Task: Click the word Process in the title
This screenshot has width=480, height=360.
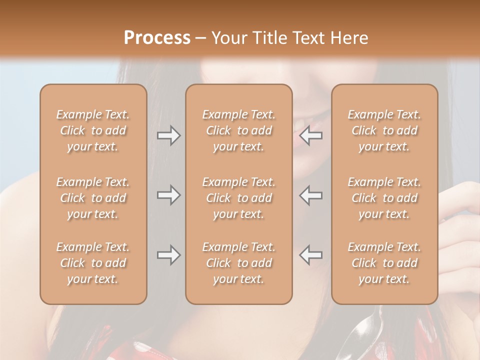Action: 157,38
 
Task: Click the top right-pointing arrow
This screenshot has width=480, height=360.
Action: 168,135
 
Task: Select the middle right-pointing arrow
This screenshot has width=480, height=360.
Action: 168,195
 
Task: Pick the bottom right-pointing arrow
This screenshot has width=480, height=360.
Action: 168,255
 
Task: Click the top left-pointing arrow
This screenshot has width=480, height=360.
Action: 311,135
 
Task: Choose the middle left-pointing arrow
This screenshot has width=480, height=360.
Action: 311,195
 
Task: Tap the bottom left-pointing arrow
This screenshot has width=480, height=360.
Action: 311,255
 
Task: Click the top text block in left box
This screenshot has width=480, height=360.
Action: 93,130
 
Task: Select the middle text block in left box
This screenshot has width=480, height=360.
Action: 93,198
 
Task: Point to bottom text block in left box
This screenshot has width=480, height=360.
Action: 93,263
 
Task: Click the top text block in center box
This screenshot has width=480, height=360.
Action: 238,130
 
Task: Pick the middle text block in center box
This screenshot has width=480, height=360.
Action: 238,198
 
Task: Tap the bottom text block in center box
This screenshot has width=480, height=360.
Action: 238,263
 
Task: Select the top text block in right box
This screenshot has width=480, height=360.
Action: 384,130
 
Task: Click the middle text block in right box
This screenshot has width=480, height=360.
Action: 384,198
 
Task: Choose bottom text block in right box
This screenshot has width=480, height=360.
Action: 384,263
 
